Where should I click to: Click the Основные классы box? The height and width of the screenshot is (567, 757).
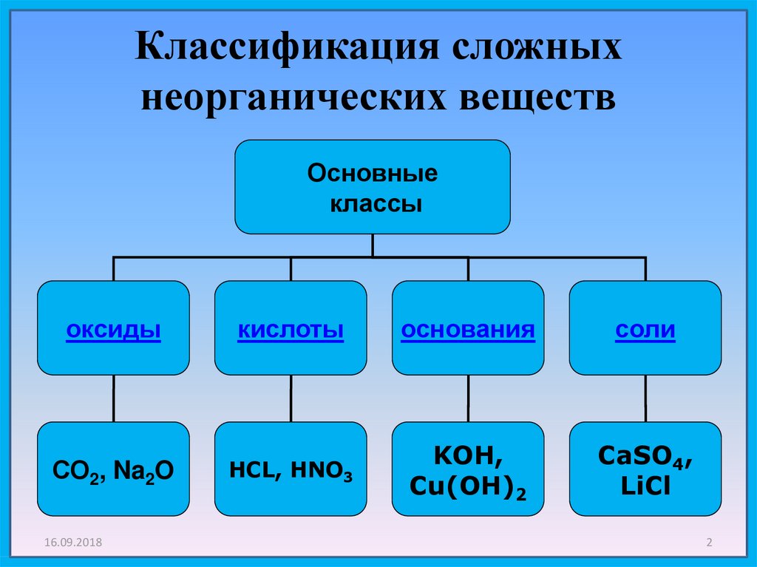click(x=373, y=188)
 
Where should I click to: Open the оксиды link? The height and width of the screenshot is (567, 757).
click(x=113, y=330)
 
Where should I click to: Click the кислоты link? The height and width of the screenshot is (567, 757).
click(x=291, y=330)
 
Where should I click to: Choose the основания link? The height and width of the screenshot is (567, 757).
click(x=468, y=330)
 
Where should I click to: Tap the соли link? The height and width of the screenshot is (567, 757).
click(x=645, y=330)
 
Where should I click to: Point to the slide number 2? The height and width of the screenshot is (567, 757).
click(x=709, y=543)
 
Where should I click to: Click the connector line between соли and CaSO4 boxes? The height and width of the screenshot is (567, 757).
click(x=645, y=398)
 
